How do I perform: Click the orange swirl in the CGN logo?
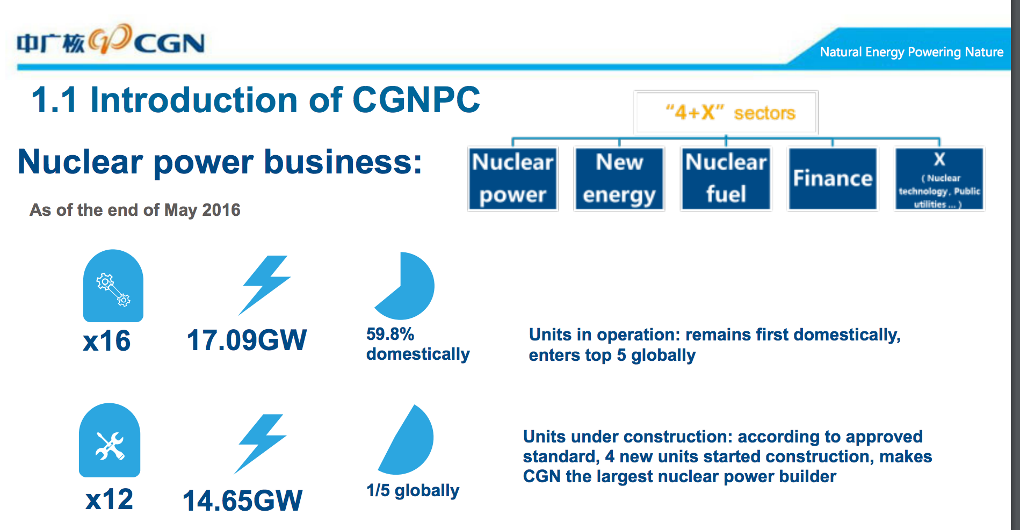click(x=110, y=39)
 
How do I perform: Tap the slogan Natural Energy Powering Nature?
click(x=912, y=52)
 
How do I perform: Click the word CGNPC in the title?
click(x=416, y=100)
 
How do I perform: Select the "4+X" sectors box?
click(x=726, y=112)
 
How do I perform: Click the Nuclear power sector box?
click(x=513, y=179)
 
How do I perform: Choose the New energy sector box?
click(x=619, y=179)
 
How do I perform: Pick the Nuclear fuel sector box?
click(x=726, y=179)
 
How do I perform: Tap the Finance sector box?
click(x=833, y=179)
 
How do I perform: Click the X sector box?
click(x=939, y=179)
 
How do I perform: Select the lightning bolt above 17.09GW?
click(x=264, y=285)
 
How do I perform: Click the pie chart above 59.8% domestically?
click(x=404, y=286)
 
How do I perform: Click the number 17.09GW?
click(x=247, y=340)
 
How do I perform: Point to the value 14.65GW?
click(x=242, y=500)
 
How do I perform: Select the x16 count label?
click(x=107, y=340)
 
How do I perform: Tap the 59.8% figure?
click(x=390, y=334)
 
